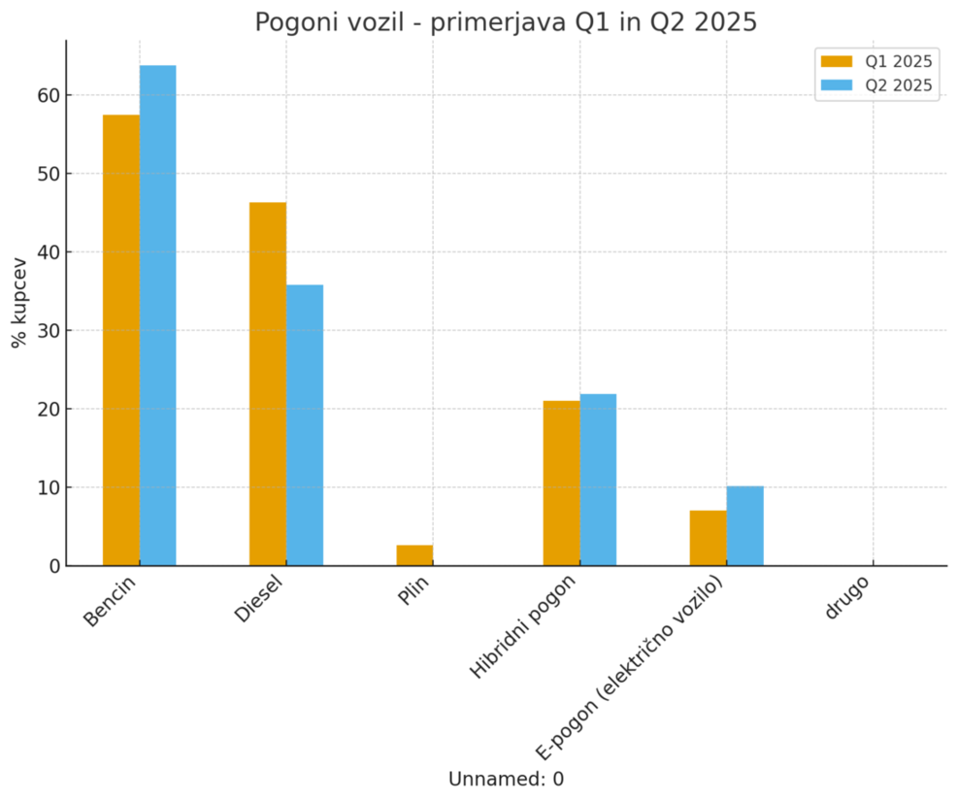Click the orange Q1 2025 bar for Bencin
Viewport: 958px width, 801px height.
tap(121, 340)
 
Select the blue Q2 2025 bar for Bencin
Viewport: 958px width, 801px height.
tap(158, 316)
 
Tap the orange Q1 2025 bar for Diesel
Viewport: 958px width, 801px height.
tap(268, 384)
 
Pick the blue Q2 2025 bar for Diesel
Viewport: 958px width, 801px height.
tap(305, 425)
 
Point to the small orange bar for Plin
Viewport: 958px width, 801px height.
tap(414, 555)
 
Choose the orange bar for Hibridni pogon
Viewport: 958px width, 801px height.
tap(561, 483)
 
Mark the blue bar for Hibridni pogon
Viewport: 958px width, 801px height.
tap(598, 480)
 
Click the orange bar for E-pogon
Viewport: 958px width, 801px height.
tap(708, 538)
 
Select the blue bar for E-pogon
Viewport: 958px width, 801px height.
tap(744, 525)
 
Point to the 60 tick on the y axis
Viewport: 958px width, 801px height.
tap(49, 95)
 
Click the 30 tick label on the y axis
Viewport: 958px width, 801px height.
tap(49, 330)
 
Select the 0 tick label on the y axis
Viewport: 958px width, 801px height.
tap(54, 565)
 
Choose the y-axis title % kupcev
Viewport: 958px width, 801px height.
tap(18, 303)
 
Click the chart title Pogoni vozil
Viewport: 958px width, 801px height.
tap(506, 22)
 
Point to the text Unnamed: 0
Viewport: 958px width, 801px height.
tap(506, 779)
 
